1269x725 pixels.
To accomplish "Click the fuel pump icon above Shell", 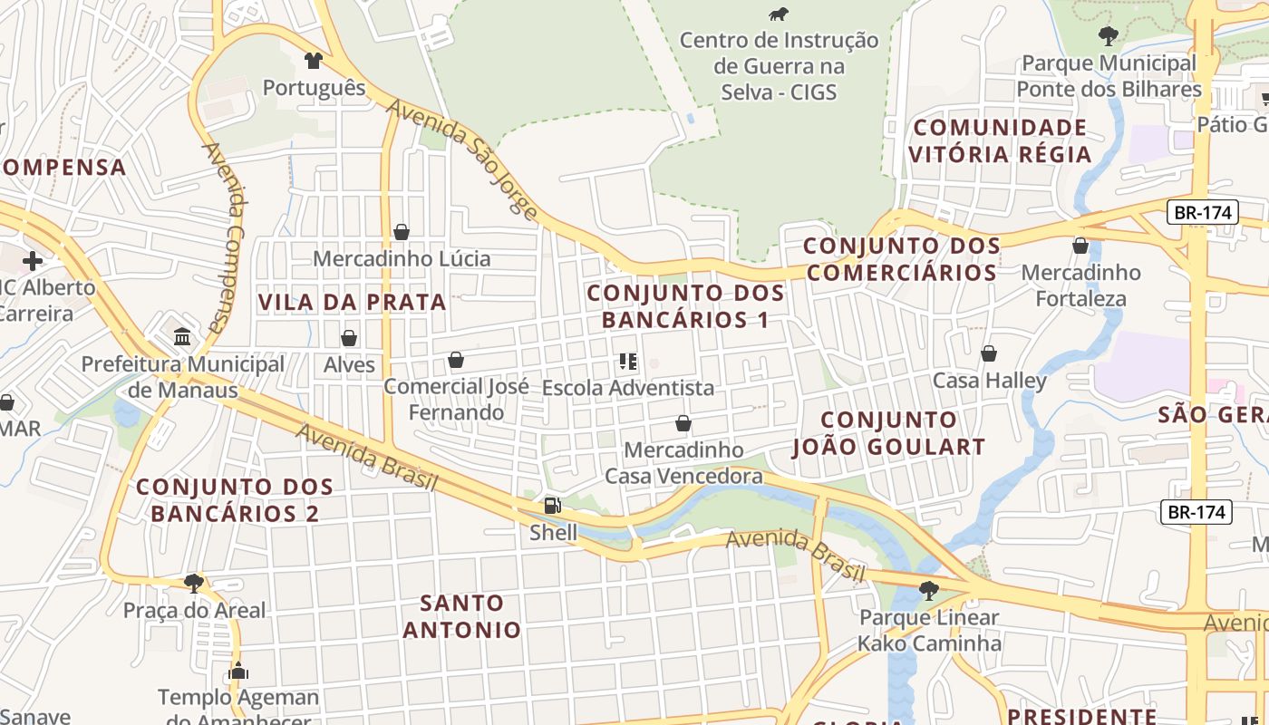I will coord(551,506).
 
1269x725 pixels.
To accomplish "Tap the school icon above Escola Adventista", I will coord(627,362).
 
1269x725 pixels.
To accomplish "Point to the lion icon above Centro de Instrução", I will coord(779,14).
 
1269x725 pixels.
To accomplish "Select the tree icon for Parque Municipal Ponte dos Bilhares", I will coord(1108,36).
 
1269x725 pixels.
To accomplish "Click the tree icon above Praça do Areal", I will coord(193,583).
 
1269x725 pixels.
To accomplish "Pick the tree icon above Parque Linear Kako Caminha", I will coord(928,591).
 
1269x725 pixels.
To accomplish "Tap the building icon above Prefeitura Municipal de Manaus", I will coord(182,337).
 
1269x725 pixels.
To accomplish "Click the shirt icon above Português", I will coord(314,61).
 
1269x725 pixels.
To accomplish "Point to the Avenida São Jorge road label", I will coord(463,159).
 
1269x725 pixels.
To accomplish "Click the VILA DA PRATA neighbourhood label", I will coord(352,302).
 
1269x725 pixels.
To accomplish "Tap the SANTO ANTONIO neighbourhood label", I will coord(462,616).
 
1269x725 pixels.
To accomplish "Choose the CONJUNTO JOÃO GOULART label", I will coord(888,433).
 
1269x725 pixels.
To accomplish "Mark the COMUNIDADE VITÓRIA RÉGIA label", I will coord(1000,140).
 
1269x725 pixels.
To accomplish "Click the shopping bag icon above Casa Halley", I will coord(989,353).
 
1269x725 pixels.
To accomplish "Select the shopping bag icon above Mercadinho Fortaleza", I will coord(1080,246).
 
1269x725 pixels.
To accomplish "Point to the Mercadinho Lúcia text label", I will coord(402,259).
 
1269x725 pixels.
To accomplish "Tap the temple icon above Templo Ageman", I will coord(238,672).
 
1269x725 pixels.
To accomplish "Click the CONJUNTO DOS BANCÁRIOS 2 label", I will coord(235,499).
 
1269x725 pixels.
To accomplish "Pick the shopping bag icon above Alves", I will coord(349,339).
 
